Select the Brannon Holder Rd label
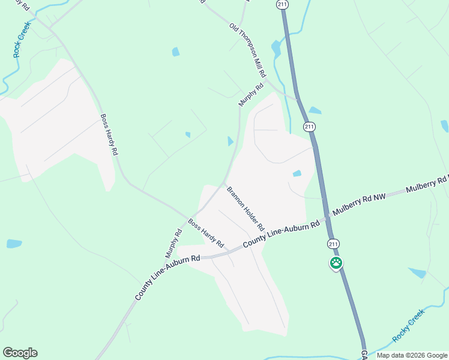coord(246,209)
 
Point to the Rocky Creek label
coord(409,325)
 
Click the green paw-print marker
coord(337,263)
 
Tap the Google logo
coord(20,353)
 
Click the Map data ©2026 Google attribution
coord(411,355)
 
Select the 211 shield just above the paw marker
coord(334,244)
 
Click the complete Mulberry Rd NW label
coord(358,205)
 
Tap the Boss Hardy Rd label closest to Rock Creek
coord(109,135)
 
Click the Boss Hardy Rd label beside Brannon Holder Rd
coord(206,233)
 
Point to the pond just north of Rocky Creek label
coord(417,273)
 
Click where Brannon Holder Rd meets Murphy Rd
coord(224,182)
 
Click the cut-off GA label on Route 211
coord(363,355)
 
